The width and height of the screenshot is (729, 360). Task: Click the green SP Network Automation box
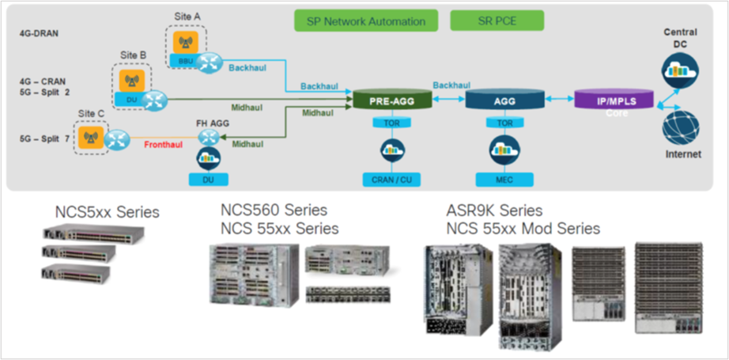coord(365,21)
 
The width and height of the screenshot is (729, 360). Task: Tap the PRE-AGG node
coord(393,100)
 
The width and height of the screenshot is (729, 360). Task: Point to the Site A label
coord(188,16)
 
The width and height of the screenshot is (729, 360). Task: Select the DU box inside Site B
coord(130,100)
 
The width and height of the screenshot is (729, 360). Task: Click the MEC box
coord(504,180)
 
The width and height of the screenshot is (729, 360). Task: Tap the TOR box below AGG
coord(504,123)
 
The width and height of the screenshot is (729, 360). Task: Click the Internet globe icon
coord(680,127)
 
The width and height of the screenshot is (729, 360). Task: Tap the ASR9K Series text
coord(494,210)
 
